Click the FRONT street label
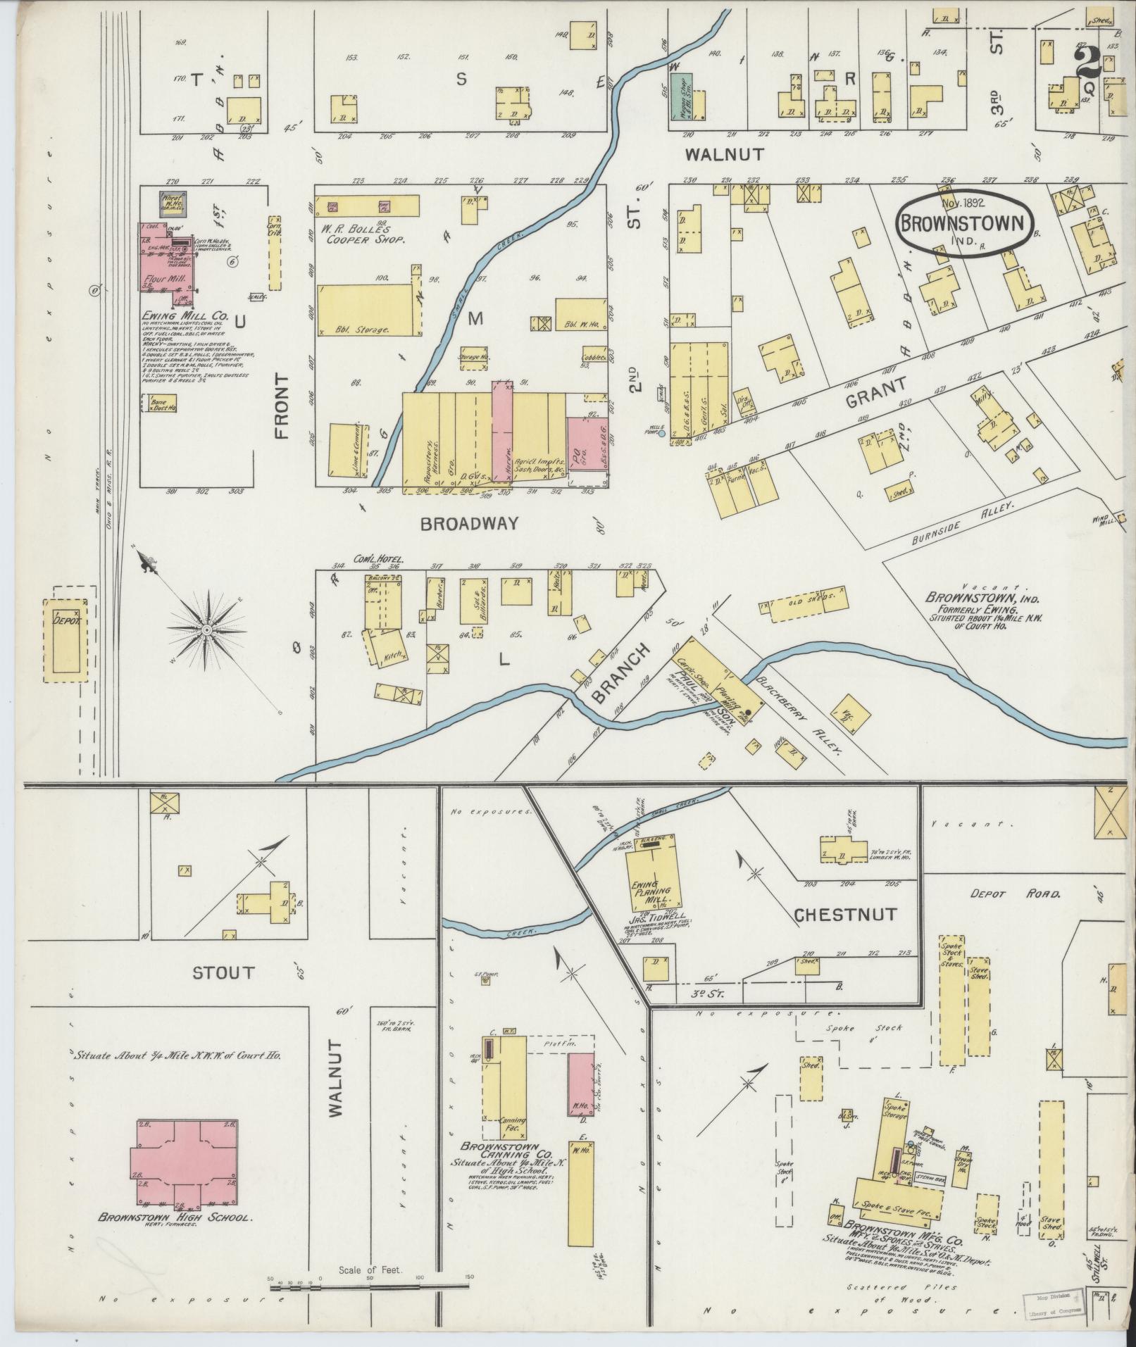[x=283, y=406]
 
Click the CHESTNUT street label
[x=844, y=915]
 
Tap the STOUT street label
[x=223, y=973]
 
